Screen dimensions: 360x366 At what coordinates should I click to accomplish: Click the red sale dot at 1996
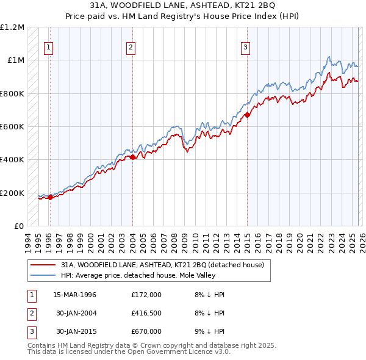51,197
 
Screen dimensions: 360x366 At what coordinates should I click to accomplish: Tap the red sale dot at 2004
133,157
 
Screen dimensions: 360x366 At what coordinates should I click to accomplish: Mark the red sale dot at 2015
247,115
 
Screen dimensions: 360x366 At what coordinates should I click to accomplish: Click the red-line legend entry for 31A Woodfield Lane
162,265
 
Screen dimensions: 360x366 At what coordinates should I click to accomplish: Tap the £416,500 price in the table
146,313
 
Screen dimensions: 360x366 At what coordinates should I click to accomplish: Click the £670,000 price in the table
146,331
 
